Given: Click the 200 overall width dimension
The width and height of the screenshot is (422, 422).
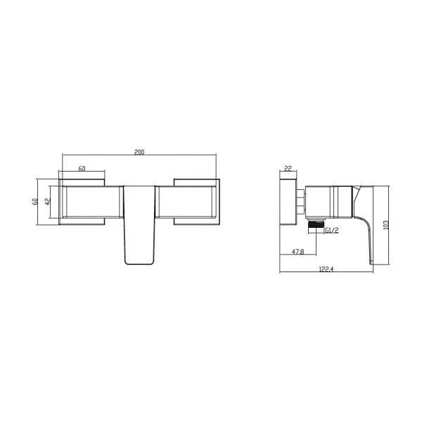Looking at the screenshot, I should pos(141,152).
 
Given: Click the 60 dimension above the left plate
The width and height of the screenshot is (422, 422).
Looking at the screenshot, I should pos(82,169).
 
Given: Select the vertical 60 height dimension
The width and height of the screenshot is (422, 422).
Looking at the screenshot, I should pos(34,201).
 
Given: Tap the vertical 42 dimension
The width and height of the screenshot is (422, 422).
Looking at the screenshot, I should pos(47,202).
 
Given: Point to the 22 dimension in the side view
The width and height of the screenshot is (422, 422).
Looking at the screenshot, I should pos(288,168).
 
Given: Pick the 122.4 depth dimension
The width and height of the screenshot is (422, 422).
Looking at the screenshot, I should pos(326,268).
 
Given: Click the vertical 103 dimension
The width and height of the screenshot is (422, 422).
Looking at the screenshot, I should pos(386,224).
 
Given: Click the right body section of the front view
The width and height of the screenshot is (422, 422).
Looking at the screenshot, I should pos(188,202).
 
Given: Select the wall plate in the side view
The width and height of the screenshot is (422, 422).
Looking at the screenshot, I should pos(288,202).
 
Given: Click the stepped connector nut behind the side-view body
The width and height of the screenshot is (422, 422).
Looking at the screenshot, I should pos(301,202).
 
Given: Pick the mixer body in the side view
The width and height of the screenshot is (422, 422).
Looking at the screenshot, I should pos(329,202).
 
